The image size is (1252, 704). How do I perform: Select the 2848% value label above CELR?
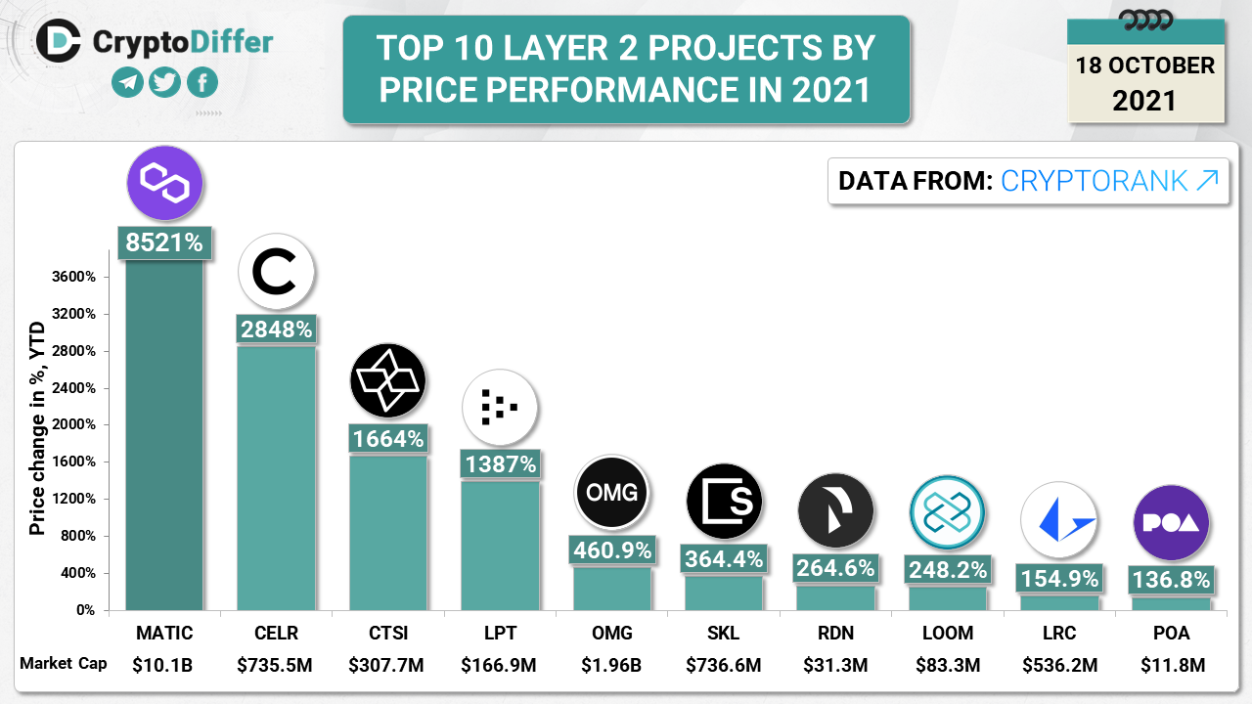tap(276, 330)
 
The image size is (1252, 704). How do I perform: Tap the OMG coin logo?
tap(612, 492)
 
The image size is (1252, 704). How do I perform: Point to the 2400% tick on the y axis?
tap(74, 388)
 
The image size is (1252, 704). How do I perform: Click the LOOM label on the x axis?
tap(948, 633)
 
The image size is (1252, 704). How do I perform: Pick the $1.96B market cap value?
tap(612, 666)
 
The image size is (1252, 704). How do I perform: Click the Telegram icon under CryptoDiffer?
tap(127, 83)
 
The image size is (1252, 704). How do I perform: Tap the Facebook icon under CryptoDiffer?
tap(201, 83)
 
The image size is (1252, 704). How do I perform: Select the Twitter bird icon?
tap(164, 83)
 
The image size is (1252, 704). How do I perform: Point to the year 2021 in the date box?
tap(1145, 100)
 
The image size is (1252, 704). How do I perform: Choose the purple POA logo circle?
tap(1172, 522)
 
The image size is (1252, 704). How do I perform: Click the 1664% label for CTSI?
tap(388, 439)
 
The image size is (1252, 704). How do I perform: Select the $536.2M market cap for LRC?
tap(1060, 666)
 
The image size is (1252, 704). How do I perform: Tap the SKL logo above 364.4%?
tap(724, 504)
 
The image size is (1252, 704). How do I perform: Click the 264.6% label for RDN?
tap(835, 568)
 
